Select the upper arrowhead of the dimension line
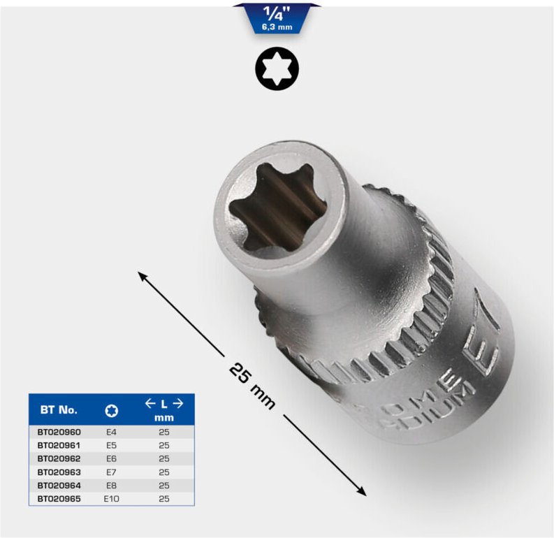coord(143,277)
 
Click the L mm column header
coord(163,410)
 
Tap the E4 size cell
coord(111,432)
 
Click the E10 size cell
coord(111,498)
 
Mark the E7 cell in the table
coord(111,472)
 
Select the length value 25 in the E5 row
coord(163,446)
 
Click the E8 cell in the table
coord(111,485)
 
